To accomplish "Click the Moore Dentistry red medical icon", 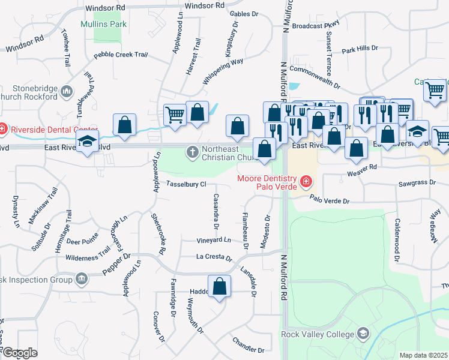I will point(306,180).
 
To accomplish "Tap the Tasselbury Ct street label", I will point(187,184).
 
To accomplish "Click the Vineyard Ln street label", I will point(214,240).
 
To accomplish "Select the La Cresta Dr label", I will point(214,257).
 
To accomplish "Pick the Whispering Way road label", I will point(223,71).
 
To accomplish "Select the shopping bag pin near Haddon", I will point(220,286).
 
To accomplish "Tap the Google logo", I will point(20,353).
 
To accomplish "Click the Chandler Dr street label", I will point(248,345).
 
